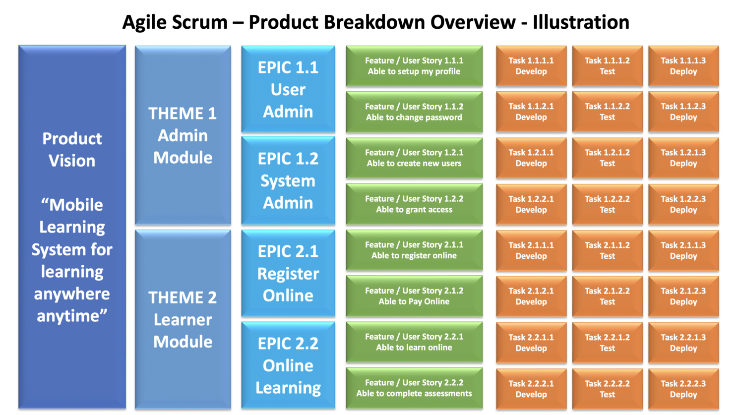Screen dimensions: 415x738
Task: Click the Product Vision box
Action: [72, 227]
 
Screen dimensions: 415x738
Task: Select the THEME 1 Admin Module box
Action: [183, 135]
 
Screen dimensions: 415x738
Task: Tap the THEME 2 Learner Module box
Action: [183, 319]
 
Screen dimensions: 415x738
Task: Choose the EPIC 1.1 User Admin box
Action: [288, 89]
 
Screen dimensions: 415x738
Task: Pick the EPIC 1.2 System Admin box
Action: [288, 180]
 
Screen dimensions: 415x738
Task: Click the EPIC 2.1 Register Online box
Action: [288, 273]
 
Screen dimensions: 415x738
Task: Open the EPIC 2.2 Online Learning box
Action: [288, 365]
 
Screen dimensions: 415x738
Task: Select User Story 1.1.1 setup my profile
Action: [414, 66]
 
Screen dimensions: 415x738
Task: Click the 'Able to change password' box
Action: [414, 112]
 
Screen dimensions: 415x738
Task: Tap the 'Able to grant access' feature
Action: [414, 204]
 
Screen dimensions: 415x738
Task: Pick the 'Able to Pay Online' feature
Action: [414, 296]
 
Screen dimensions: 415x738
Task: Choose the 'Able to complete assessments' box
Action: [414, 388]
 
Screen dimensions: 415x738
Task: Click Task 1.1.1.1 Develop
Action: [531, 66]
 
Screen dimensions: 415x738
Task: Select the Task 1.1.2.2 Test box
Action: [607, 112]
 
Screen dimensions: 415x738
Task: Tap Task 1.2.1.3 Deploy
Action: [683, 158]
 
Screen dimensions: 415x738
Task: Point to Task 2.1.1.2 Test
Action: [607, 250]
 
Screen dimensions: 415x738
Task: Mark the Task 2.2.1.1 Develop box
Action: [531, 343]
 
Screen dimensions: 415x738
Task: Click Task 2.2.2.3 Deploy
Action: [683, 389]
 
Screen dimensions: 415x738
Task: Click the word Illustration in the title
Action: [581, 22]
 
